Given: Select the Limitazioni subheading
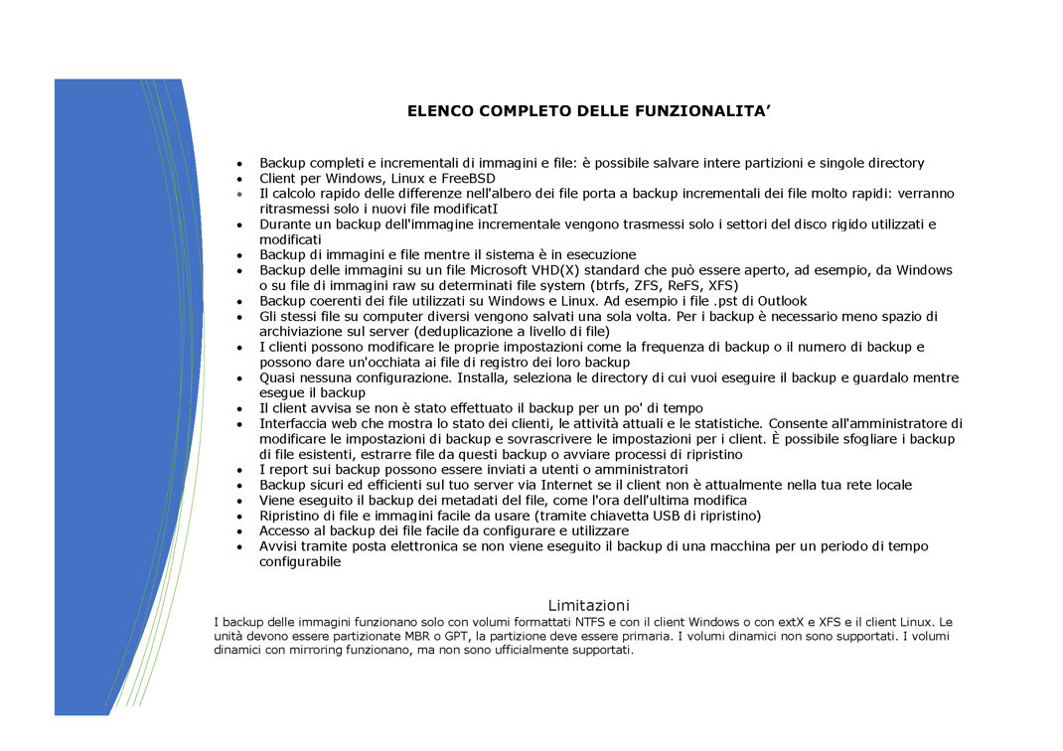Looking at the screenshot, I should [588, 605].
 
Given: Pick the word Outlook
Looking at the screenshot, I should [782, 301].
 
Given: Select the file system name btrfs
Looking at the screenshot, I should [600, 285].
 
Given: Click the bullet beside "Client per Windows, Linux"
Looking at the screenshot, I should [239, 179].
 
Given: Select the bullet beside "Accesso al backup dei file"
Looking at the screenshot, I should [239, 531].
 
